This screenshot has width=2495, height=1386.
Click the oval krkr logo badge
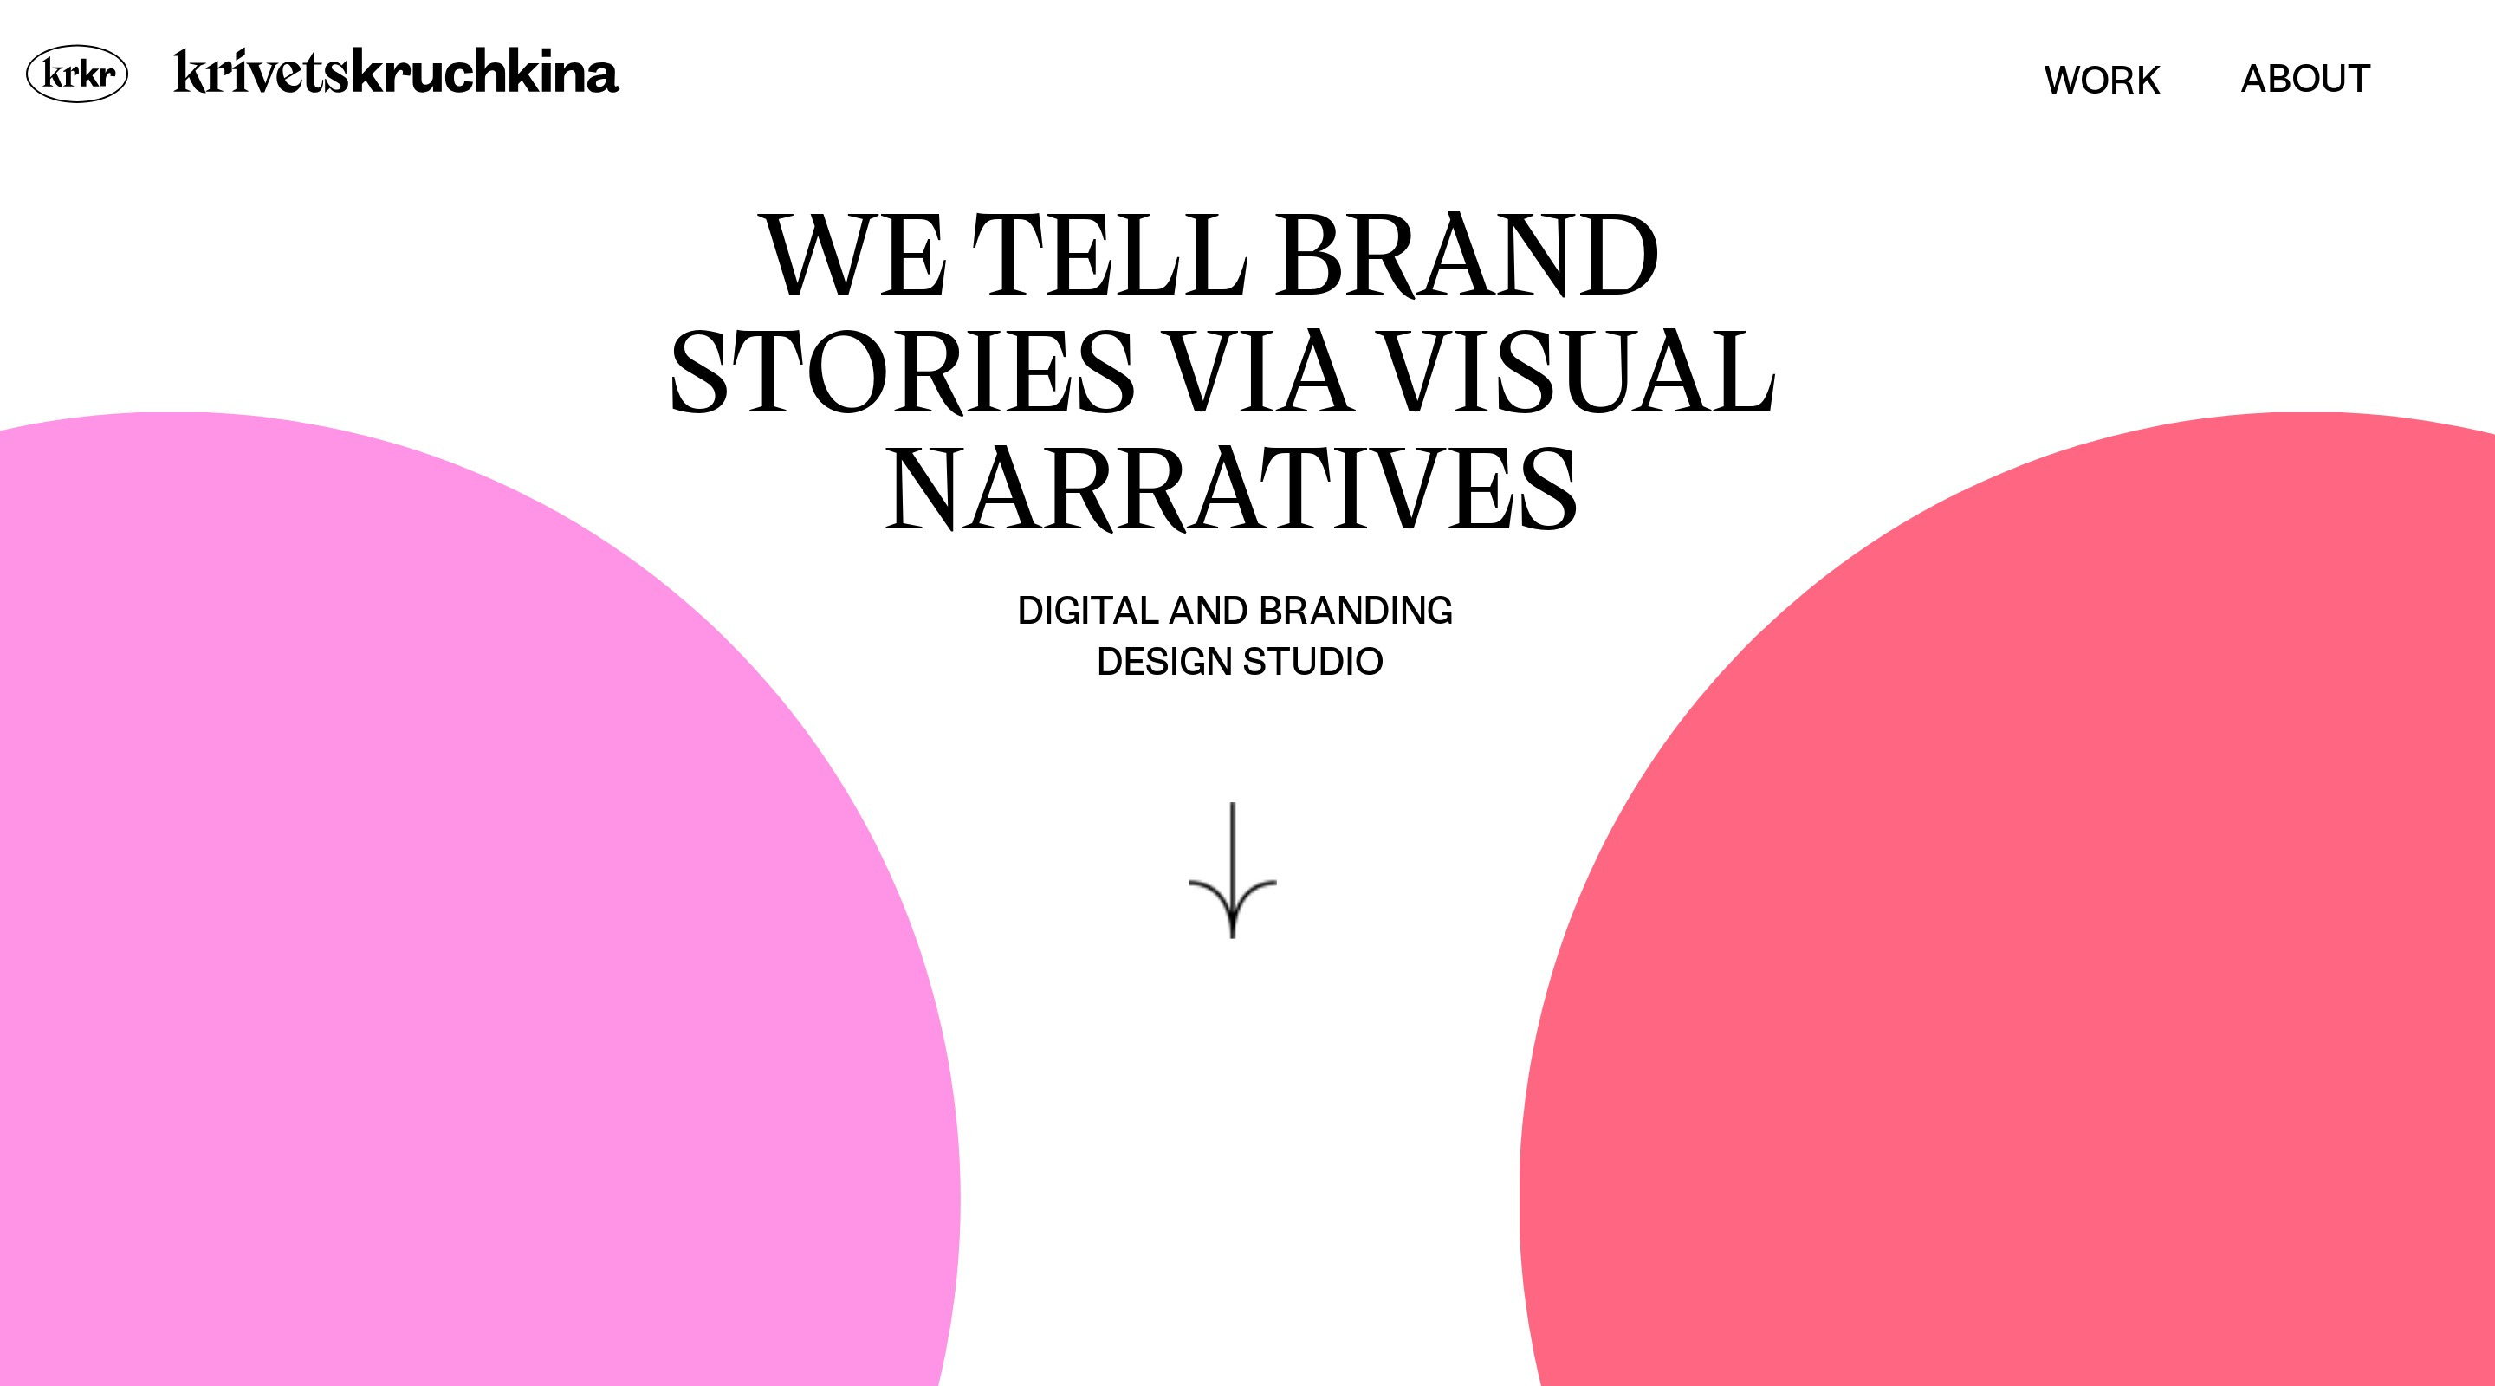pyautogui.click(x=76, y=74)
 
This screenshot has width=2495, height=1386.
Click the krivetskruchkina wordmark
pyautogui.click(x=396, y=72)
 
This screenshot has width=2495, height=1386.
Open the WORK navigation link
pyautogui.click(x=2102, y=80)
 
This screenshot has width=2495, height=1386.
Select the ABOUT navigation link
pyautogui.click(x=2305, y=79)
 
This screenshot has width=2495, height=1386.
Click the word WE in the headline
pyautogui.click(x=855, y=255)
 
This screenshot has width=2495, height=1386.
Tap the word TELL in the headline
pyautogui.click(x=1109, y=255)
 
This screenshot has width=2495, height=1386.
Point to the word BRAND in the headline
pyautogui.click(x=1468, y=255)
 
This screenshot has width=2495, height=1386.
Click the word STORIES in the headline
pyautogui.click(x=902, y=372)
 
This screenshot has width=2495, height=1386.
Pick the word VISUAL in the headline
pyautogui.click(x=1578, y=372)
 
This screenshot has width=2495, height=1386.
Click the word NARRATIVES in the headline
pyautogui.click(x=1231, y=489)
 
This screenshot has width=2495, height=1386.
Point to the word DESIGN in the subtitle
pyautogui.click(x=1165, y=663)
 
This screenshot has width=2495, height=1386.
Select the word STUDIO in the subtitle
pyautogui.click(x=1313, y=663)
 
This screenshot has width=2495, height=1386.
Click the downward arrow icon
pyautogui.click(x=1232, y=870)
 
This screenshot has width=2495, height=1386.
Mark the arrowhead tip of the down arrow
pyautogui.click(x=1232, y=937)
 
